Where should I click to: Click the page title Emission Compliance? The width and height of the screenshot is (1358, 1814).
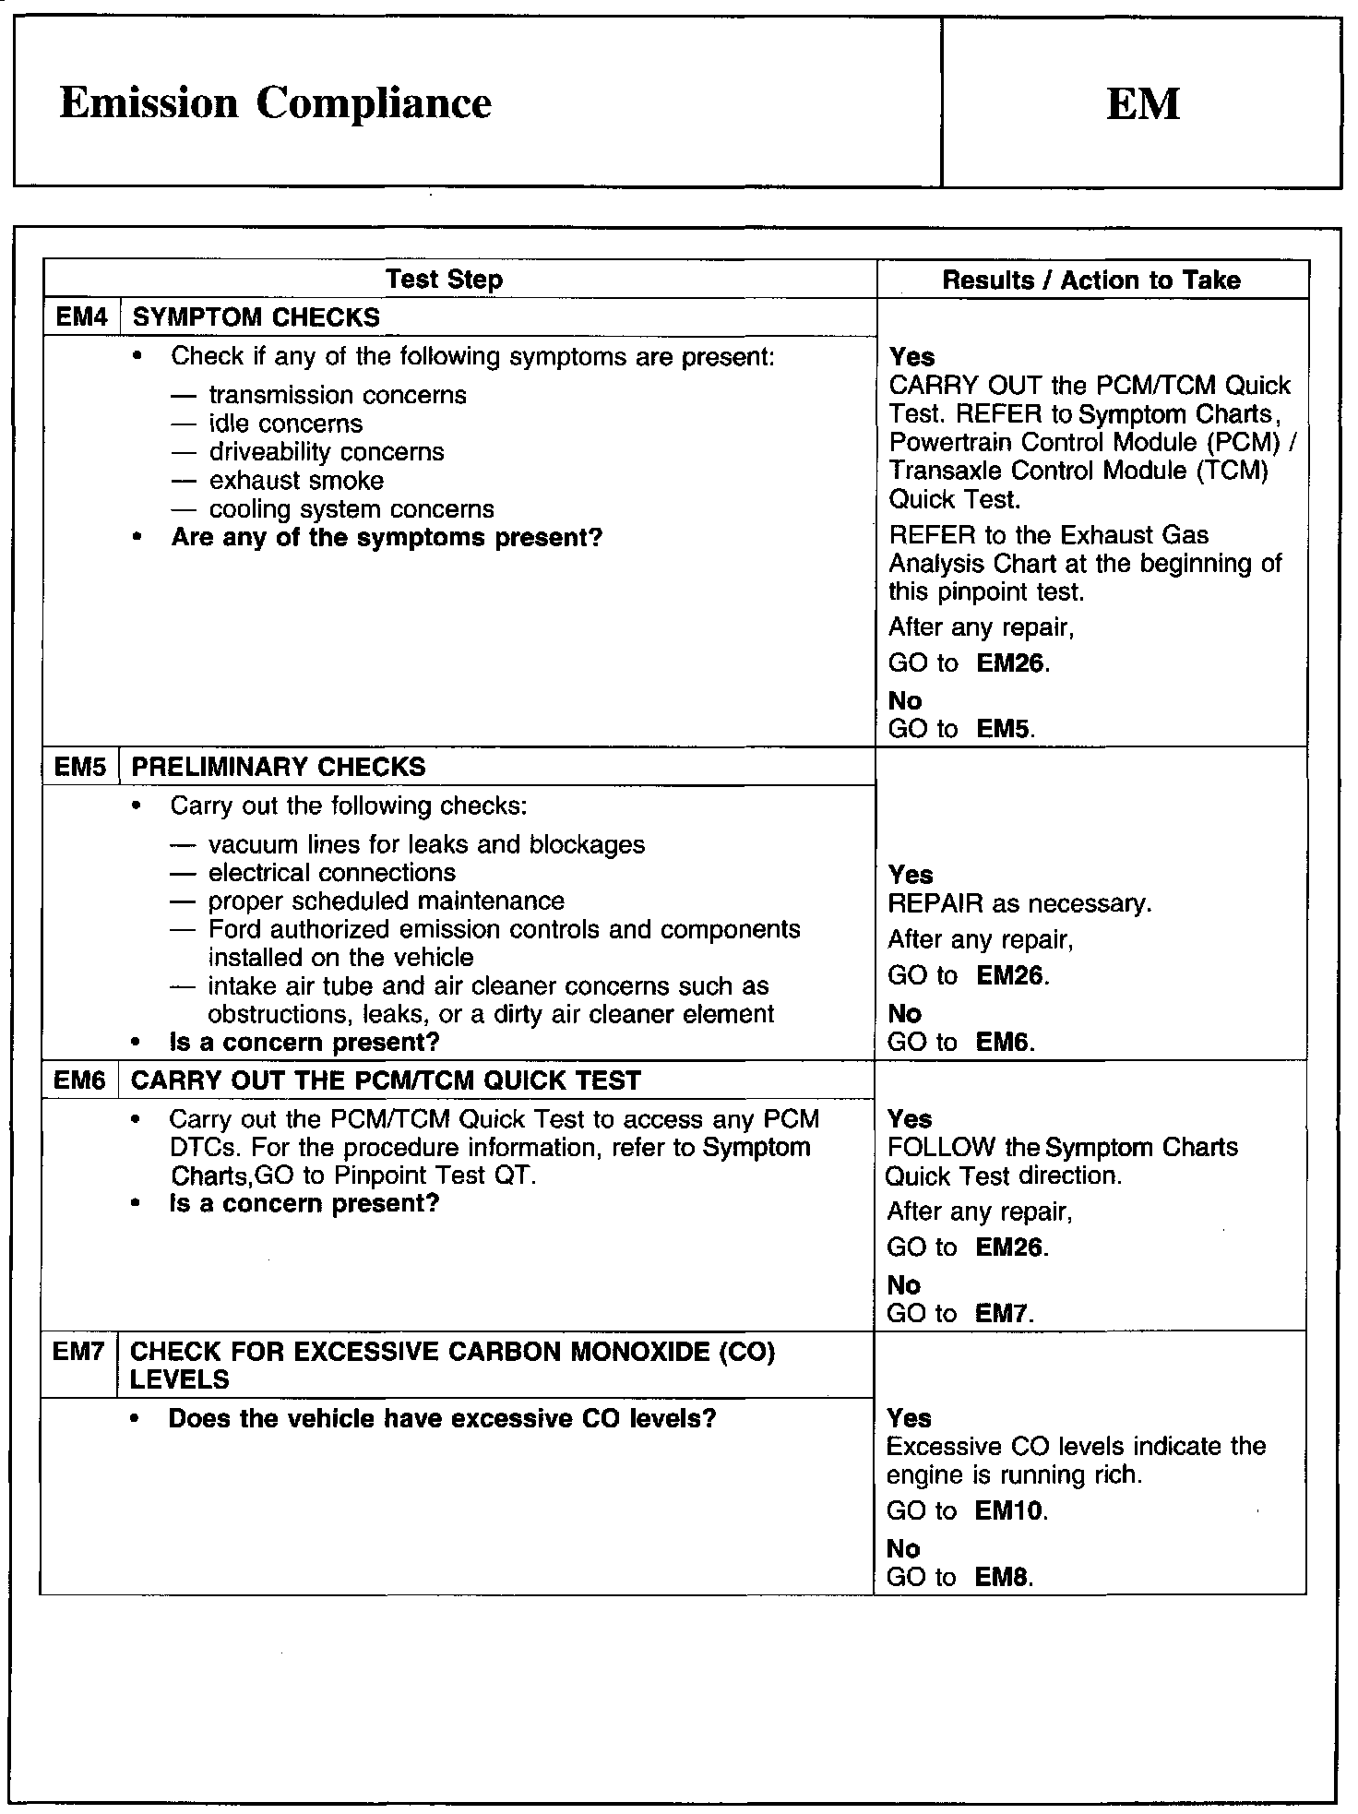[x=275, y=102]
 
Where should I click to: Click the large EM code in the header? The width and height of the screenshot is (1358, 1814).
[x=1142, y=103]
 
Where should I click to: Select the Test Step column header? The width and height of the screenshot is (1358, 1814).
[x=444, y=280]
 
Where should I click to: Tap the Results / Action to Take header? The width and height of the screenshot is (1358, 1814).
[x=1090, y=280]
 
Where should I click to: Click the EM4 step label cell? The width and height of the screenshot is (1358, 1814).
[x=82, y=317]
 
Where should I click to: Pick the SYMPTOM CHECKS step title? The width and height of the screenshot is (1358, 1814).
[x=256, y=317]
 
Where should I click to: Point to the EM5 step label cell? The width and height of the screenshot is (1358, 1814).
[x=81, y=767]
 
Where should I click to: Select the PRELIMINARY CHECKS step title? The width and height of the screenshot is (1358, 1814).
[x=279, y=767]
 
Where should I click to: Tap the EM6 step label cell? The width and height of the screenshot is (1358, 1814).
[x=80, y=1080]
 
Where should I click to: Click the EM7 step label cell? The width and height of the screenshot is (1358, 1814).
[x=79, y=1352]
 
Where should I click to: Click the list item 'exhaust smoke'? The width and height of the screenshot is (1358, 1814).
[x=295, y=481]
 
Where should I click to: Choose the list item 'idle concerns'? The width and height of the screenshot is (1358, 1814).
[x=285, y=424]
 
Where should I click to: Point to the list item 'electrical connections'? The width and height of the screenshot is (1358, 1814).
[x=331, y=873]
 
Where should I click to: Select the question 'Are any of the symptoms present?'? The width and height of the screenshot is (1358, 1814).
[x=386, y=537]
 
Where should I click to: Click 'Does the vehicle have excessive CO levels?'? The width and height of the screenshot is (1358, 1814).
[x=442, y=1418]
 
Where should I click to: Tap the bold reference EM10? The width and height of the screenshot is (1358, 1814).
[x=1009, y=1511]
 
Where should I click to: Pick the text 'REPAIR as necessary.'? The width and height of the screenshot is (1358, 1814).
[x=1019, y=903]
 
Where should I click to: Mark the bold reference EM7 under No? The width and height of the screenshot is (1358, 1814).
[x=1002, y=1313]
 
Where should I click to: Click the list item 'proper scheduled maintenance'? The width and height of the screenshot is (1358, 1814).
[x=386, y=901]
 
